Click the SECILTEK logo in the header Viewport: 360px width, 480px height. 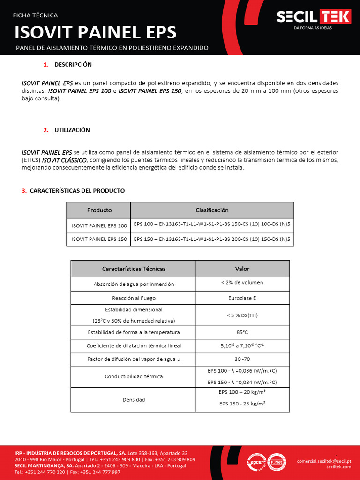313,18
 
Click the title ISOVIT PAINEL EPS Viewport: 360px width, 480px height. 96,32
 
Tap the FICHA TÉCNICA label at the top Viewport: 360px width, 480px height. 35,15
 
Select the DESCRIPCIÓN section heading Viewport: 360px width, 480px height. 73,64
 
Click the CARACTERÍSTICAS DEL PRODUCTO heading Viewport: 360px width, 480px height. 77,191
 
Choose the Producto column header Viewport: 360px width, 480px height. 99,210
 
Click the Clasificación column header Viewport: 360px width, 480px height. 212,210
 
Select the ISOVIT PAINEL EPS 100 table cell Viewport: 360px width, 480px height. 99,225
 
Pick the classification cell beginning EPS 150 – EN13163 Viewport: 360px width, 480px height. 212,239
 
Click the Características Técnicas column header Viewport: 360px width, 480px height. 133,269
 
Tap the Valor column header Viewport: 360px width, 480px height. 242,269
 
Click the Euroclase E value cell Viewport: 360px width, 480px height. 242,298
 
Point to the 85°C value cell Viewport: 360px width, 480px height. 242,332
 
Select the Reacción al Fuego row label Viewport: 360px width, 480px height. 133,298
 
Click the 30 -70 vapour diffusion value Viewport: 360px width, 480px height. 242,359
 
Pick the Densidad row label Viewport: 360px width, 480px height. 133,400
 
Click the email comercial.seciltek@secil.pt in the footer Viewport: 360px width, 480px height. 324,461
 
